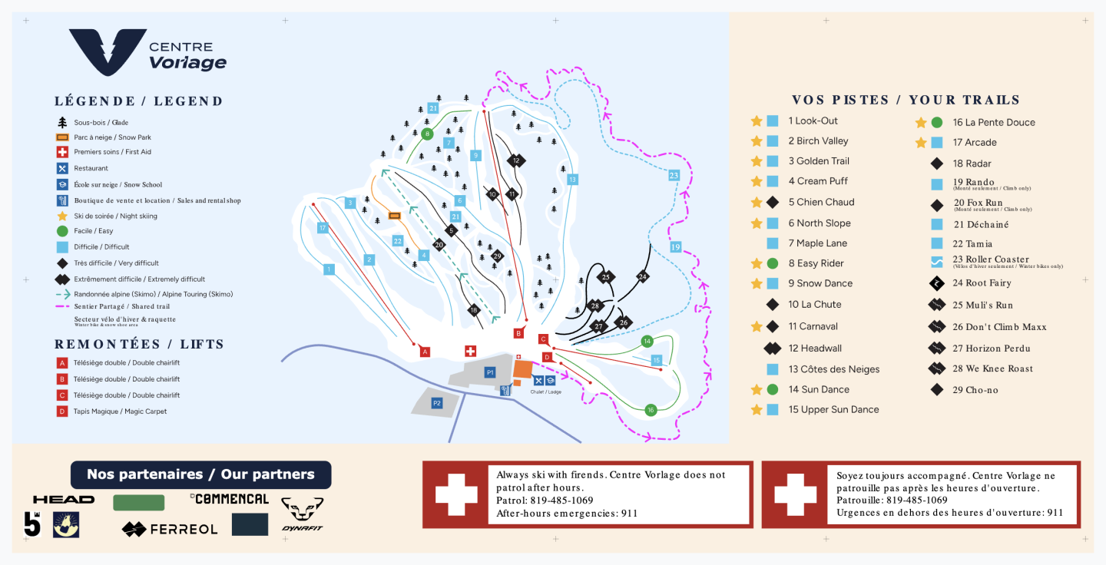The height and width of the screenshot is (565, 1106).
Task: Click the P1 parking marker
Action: (489, 372)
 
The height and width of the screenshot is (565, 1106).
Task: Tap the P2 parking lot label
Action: (437, 403)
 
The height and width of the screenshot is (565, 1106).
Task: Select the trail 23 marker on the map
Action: (674, 175)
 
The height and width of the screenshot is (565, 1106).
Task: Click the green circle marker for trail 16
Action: (651, 409)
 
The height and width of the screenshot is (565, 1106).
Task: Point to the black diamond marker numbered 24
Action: (643, 276)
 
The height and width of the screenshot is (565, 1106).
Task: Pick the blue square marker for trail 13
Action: (572, 180)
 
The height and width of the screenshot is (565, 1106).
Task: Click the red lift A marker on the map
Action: (425, 352)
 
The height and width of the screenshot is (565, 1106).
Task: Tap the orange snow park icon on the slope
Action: (395, 216)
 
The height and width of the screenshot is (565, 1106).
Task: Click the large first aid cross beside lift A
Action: (470, 351)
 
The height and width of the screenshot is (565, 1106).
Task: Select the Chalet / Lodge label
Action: (545, 392)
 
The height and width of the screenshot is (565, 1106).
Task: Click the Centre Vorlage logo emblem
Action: (108, 52)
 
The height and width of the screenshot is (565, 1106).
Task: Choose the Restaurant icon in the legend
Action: (62, 168)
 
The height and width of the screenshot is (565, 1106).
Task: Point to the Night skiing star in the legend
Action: (62, 216)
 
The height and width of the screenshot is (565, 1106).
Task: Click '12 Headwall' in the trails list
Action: (815, 349)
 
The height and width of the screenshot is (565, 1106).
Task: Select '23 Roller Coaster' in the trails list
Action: (991, 259)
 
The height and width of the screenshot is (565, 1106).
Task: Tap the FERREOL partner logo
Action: (170, 529)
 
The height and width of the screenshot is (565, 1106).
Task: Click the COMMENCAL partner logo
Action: (230, 499)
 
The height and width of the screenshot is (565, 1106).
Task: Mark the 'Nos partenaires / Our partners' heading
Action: (200, 474)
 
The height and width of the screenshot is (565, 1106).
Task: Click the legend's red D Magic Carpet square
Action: (62, 411)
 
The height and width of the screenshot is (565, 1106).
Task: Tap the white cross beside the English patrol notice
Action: (456, 494)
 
